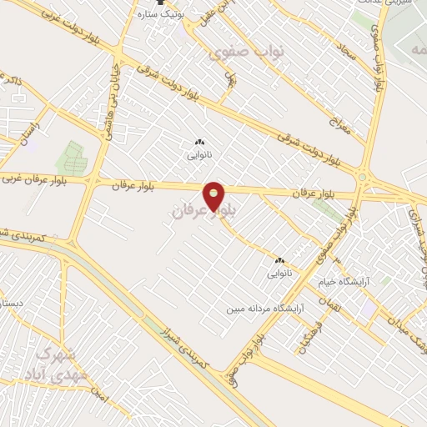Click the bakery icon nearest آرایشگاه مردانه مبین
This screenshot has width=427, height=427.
pyautogui.click(x=279, y=259)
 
